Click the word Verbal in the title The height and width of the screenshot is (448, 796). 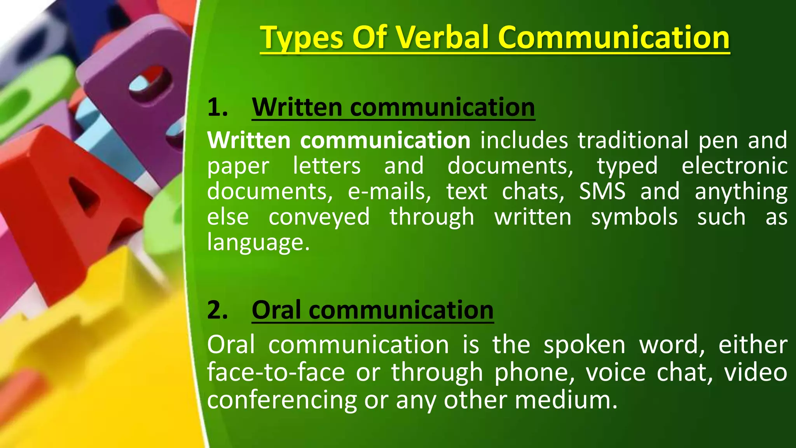(x=443, y=37)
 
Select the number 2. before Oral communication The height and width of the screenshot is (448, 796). (x=217, y=310)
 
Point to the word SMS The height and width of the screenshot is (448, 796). (x=602, y=191)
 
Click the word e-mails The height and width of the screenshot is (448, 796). (x=389, y=191)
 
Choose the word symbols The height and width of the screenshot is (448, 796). (x=634, y=217)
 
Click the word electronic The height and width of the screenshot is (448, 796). (x=734, y=166)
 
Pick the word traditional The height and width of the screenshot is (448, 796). (x=633, y=140)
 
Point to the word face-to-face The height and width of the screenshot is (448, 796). (x=276, y=372)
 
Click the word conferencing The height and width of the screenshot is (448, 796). (x=282, y=401)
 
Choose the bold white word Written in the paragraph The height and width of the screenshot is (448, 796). (x=249, y=140)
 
